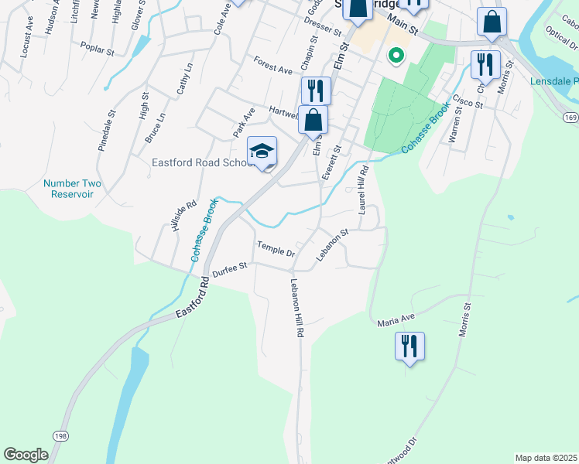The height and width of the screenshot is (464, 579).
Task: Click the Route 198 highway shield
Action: [x=60, y=436]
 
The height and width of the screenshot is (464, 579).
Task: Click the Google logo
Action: [x=26, y=455]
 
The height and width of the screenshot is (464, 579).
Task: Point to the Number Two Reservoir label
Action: [x=72, y=189]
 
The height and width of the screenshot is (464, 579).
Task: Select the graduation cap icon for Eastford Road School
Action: [x=262, y=152]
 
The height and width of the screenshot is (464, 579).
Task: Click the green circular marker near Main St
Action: [x=396, y=55]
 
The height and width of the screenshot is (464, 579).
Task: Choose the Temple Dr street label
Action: [x=276, y=249]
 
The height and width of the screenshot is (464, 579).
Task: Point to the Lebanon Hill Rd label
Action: [x=296, y=307]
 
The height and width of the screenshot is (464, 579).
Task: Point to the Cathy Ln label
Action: [x=183, y=80]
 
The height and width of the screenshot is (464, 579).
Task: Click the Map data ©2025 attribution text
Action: [x=545, y=457]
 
